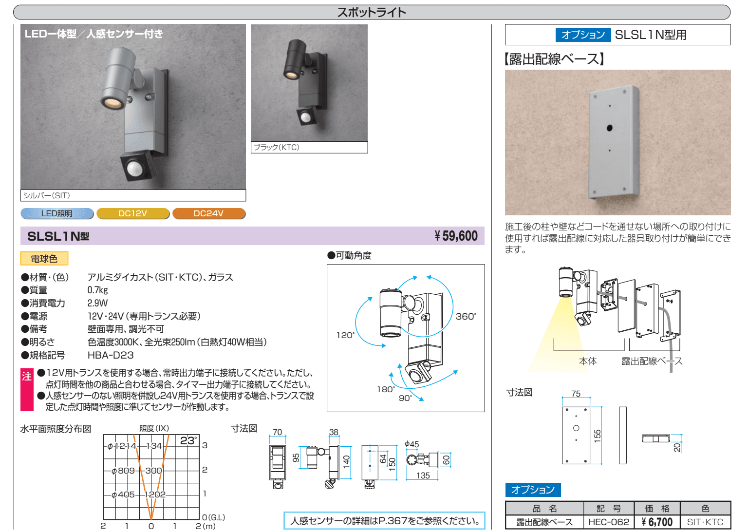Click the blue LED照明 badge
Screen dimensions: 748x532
pyautogui.click(x=57, y=213)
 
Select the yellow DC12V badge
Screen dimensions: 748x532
pyautogui.click(x=133, y=213)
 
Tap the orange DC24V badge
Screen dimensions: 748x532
pyautogui.click(x=209, y=213)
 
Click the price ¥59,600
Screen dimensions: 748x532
pyautogui.click(x=456, y=236)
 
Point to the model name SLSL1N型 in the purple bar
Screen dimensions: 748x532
pyautogui.click(x=58, y=236)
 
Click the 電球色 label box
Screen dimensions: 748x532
pyautogui.click(x=44, y=259)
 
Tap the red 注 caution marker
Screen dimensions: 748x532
pyautogui.click(x=27, y=390)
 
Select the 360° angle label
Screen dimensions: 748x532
pyautogui.click(x=466, y=317)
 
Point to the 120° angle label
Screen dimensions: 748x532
pyautogui.click(x=346, y=335)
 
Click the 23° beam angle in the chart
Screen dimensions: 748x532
pyautogui.click(x=188, y=440)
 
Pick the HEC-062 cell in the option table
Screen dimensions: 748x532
pyautogui.click(x=609, y=522)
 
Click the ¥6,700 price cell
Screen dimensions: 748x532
pyautogui.click(x=657, y=522)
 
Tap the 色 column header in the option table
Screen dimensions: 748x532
pyautogui.click(x=705, y=508)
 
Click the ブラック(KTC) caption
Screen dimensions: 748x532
pyautogui.click(x=277, y=147)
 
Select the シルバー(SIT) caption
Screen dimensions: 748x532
pyautogui.click(x=46, y=195)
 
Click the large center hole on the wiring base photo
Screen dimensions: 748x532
pyautogui.click(x=609, y=128)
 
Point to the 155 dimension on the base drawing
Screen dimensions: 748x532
pyautogui.click(x=598, y=436)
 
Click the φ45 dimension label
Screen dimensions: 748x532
pyautogui.click(x=411, y=444)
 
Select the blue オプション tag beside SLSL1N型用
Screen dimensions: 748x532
pyautogui.click(x=583, y=35)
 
